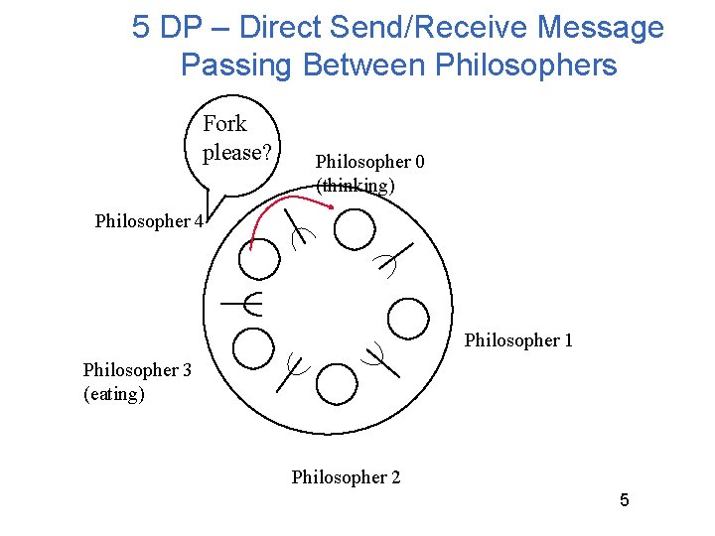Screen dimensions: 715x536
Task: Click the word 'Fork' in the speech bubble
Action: click(224, 124)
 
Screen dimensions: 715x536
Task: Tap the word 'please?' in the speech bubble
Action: click(236, 153)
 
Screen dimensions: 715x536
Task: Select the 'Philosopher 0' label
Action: click(369, 161)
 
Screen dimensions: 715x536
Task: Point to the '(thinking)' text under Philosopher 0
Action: click(355, 185)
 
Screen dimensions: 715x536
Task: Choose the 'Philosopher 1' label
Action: click(518, 340)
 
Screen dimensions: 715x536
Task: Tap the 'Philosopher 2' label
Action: click(346, 477)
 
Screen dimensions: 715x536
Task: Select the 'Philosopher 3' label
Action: click(137, 370)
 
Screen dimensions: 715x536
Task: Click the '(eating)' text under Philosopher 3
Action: click(114, 394)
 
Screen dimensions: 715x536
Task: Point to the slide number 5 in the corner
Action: click(624, 500)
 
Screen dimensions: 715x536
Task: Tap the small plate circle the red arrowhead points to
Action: click(355, 229)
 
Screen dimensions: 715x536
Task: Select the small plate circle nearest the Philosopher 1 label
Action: click(407, 318)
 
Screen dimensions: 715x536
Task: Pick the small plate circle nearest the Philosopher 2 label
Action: click(338, 382)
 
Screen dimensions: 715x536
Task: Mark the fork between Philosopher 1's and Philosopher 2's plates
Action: click(378, 356)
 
